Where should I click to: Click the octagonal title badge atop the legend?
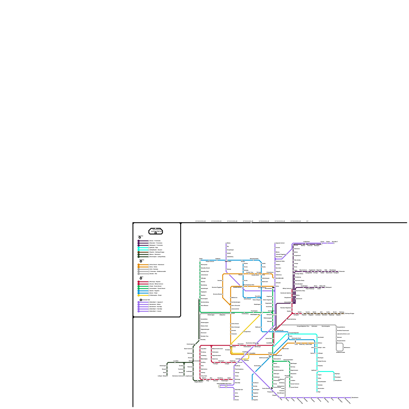[156, 231]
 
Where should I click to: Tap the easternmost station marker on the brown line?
[344, 313]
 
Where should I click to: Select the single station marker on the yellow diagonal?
[243, 332]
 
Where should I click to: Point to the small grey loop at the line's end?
[340, 347]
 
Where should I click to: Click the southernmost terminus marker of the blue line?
[252, 400]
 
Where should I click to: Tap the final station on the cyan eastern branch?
[334, 380]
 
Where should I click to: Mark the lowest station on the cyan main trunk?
[317, 392]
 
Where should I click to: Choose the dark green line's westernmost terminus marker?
[167, 376]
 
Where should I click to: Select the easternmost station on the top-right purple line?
[334, 243]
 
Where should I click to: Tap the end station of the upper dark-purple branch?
[338, 271]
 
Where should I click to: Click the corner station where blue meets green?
[200, 260]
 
